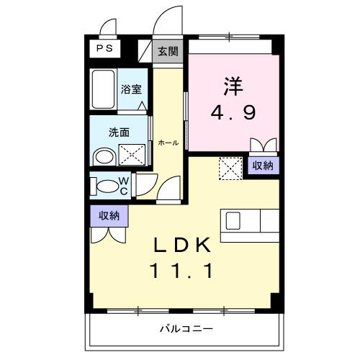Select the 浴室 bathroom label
(x=130, y=90)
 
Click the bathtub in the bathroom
(x=103, y=90)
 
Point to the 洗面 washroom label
(x=119, y=132)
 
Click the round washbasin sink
(x=105, y=156)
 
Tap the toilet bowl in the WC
(x=107, y=186)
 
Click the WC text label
(x=123, y=185)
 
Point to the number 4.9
(x=232, y=113)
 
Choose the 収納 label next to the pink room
(x=262, y=166)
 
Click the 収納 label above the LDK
(x=109, y=214)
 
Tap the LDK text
(x=181, y=245)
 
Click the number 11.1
(x=181, y=271)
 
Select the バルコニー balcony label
(x=186, y=329)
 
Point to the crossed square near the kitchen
(x=230, y=169)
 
